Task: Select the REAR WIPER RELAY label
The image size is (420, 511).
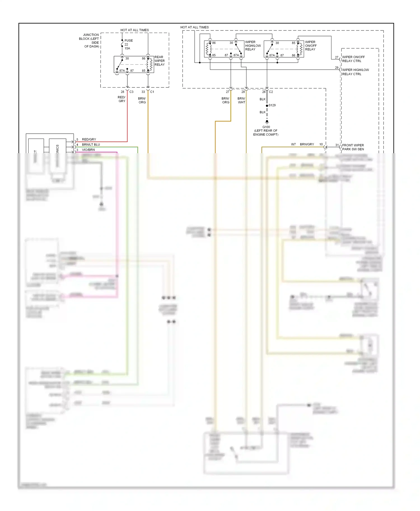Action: (x=159, y=61)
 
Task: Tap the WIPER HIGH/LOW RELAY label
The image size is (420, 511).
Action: (x=253, y=46)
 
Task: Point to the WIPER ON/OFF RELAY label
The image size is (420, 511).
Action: (x=311, y=46)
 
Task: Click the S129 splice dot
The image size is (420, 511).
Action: (x=267, y=106)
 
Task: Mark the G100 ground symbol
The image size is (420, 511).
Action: (x=267, y=122)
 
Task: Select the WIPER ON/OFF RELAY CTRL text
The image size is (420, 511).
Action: (x=353, y=59)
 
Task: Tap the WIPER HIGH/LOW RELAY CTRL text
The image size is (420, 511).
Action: (x=355, y=72)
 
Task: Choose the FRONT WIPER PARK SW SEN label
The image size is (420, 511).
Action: (x=353, y=147)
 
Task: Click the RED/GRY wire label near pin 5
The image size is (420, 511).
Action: (x=89, y=139)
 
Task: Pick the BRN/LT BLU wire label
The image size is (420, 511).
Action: (x=91, y=145)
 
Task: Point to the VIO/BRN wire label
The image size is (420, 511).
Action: (x=88, y=150)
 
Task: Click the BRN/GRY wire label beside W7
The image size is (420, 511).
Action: (x=307, y=144)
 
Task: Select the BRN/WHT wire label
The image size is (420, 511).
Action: (x=241, y=100)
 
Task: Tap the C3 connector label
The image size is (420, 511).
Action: (x=131, y=92)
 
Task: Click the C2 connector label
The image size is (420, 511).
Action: (x=271, y=92)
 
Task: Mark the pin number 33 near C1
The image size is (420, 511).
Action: (x=143, y=92)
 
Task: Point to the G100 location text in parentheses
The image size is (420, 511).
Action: (x=266, y=133)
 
